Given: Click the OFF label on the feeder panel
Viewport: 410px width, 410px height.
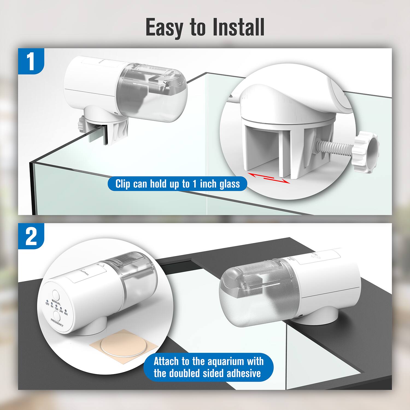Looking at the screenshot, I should click(x=47, y=304).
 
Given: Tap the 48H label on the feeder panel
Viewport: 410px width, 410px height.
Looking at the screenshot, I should click(x=66, y=314).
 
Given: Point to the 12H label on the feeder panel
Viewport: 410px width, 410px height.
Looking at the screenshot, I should click(x=56, y=309).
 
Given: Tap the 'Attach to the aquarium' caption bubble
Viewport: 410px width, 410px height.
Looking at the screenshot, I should click(x=208, y=367).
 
